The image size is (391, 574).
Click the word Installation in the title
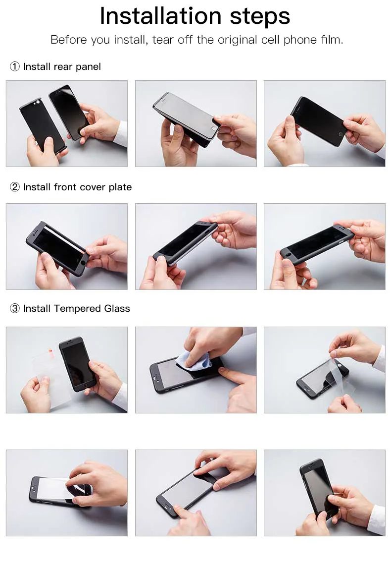pyautogui.click(x=161, y=16)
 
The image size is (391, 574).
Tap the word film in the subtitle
pyautogui.click(x=332, y=40)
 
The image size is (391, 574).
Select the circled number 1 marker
pyautogui.click(x=15, y=66)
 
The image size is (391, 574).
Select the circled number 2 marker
pyautogui.click(x=15, y=187)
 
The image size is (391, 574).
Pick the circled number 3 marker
pyautogui.click(x=15, y=309)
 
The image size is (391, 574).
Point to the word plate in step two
pyautogui.click(x=120, y=187)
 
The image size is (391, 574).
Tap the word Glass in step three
pyautogui.click(x=117, y=309)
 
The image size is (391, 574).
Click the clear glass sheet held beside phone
pyautogui.click(x=51, y=373)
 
